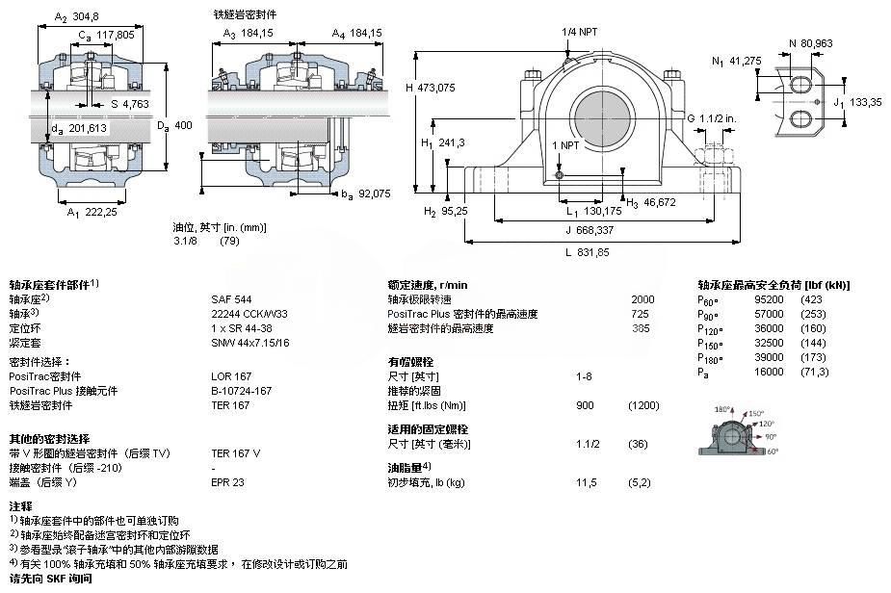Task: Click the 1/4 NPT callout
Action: pos(580,32)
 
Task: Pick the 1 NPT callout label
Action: pos(565,144)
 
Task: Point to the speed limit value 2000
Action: pos(642,299)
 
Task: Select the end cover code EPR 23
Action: pos(228,481)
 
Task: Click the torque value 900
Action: pos(585,405)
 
